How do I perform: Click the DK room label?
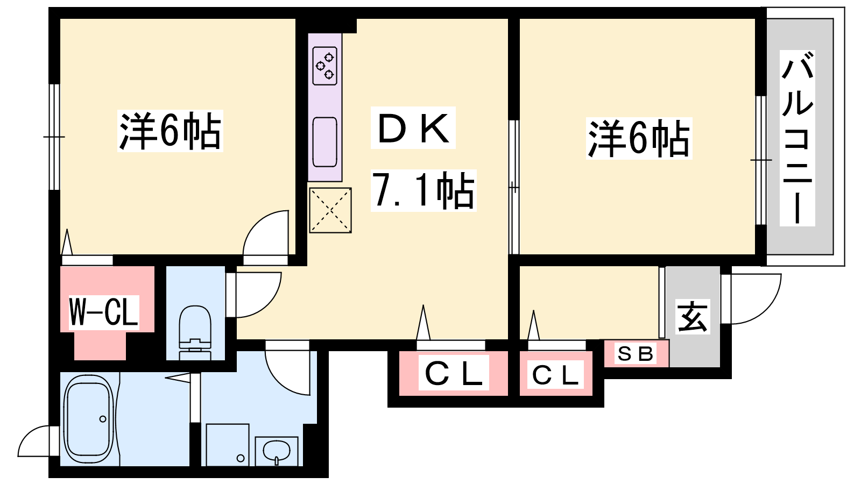[x=413, y=127]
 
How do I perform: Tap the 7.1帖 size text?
[x=424, y=190]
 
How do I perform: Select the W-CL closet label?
[x=104, y=311]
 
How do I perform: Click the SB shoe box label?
[x=635, y=354]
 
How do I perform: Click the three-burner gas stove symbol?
[x=325, y=66]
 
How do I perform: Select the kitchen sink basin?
[x=325, y=142]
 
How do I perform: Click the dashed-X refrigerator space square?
[x=330, y=210]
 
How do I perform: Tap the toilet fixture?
[x=195, y=333]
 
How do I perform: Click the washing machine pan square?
[x=228, y=445]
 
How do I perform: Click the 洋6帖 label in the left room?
[x=170, y=131]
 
